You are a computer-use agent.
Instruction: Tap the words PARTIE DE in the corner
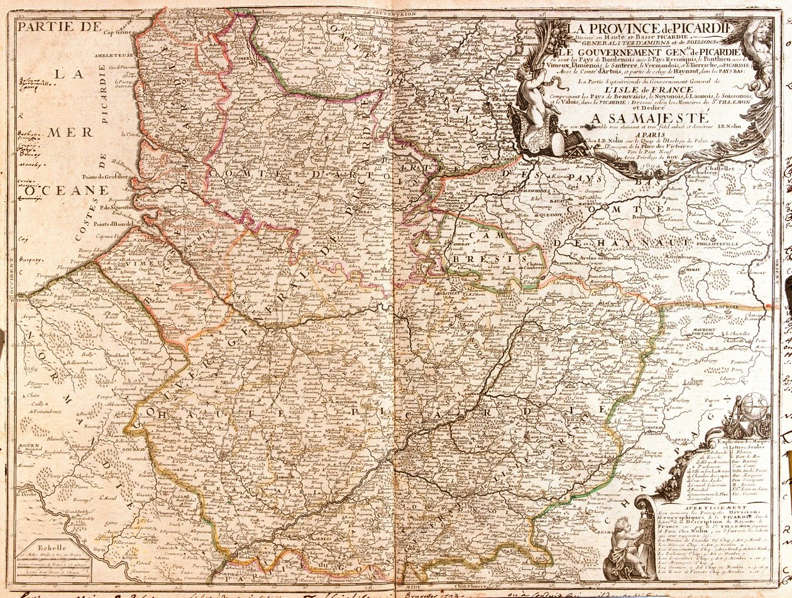tap(60, 26)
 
